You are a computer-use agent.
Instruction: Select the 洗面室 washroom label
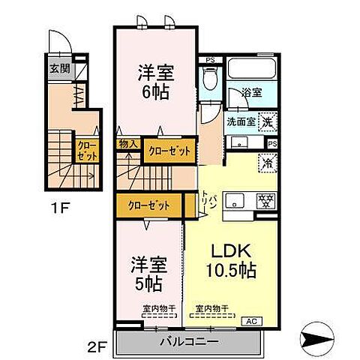(241, 119)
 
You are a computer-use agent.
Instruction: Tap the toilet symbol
(211, 78)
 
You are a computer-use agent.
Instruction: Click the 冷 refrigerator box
(266, 161)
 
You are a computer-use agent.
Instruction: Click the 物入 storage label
(127, 142)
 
